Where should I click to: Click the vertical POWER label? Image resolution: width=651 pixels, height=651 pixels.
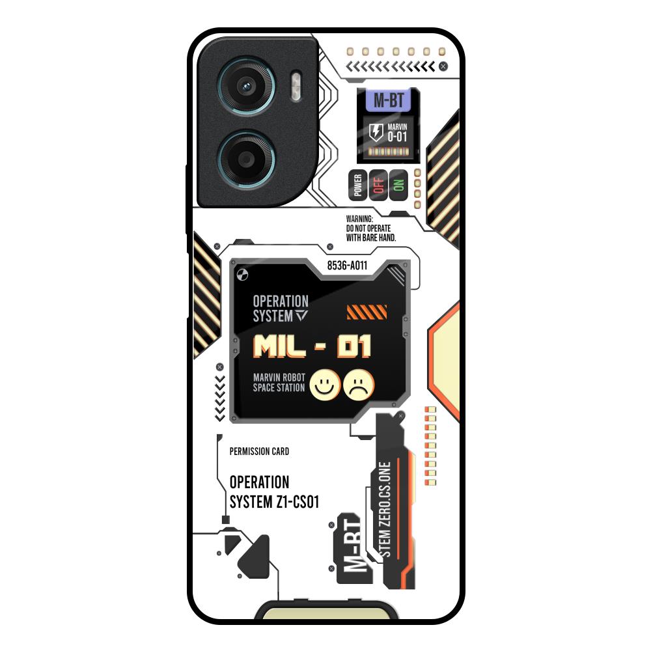pos(357,184)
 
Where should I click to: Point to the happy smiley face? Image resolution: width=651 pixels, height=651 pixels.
pos(324,384)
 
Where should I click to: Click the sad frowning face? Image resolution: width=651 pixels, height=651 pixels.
pos(359,384)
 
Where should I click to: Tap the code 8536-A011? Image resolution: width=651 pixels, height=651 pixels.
pos(347,265)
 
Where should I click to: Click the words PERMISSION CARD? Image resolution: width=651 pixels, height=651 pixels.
pos(259,451)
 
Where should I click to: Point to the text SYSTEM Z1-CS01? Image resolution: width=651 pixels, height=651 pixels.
pos(274,502)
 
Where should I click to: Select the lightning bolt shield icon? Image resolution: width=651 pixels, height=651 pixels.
pos(376,132)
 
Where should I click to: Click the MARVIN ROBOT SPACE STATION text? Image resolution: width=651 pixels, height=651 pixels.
pos(279,383)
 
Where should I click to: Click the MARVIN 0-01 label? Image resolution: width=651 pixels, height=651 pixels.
pos(397,132)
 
